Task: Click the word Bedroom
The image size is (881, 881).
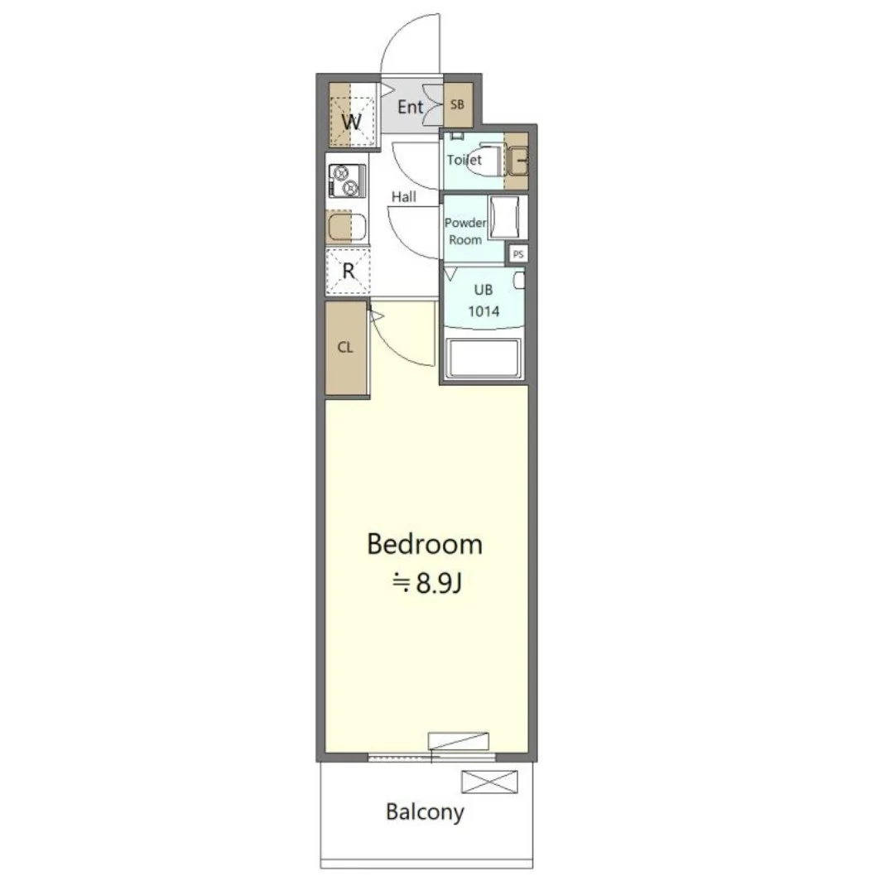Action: point(425,544)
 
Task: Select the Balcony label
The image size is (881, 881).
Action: point(425,812)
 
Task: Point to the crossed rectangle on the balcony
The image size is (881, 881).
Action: point(489,782)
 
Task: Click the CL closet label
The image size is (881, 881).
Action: point(345,347)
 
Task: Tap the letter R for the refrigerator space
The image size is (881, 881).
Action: point(349,271)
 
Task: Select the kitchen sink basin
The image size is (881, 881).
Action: point(347,228)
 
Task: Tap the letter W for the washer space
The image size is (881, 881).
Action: point(352,122)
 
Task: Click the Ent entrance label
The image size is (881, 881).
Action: point(410,107)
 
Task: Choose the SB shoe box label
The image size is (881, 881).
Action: point(457,104)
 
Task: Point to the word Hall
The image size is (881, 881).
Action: point(404,197)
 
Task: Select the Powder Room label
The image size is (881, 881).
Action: point(465,231)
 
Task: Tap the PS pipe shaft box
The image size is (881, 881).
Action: point(518,254)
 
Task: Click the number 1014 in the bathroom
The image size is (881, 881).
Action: point(484,311)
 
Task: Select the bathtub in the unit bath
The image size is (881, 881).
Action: point(484,358)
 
